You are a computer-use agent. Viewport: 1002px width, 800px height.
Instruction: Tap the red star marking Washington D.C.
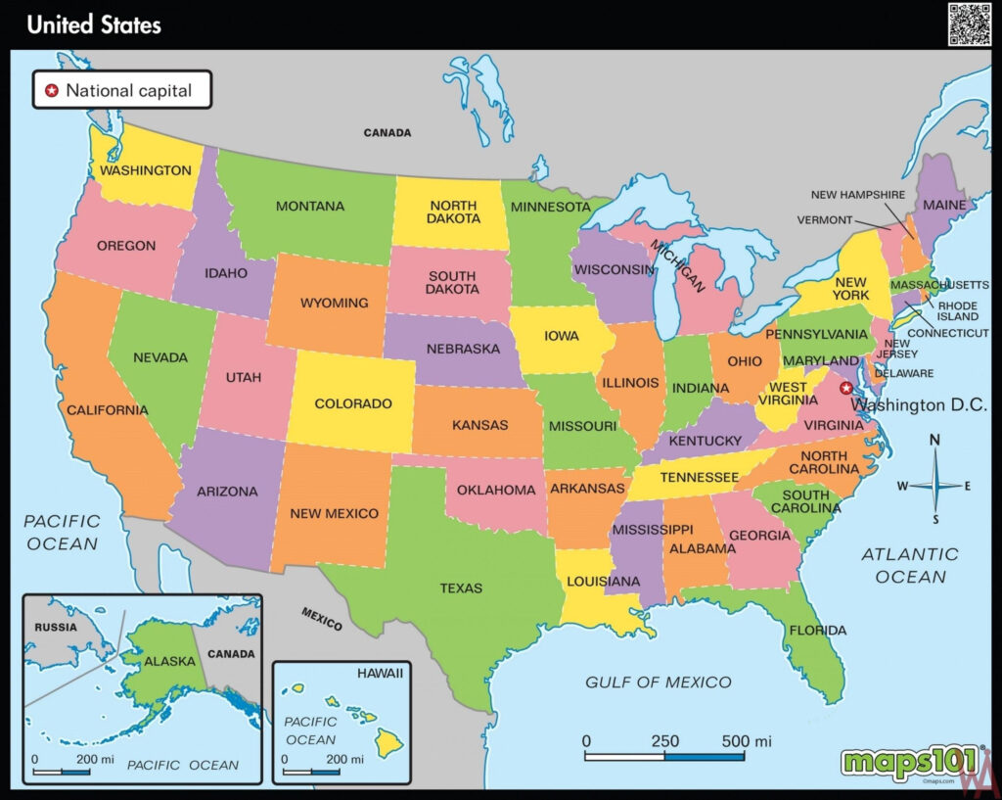tap(846, 388)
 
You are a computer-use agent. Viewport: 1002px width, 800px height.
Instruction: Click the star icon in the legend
tap(52, 91)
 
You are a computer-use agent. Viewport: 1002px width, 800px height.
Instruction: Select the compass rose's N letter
tap(934, 441)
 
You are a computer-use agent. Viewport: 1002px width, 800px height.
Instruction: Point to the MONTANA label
tap(309, 207)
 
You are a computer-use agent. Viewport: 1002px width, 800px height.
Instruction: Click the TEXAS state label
tap(461, 588)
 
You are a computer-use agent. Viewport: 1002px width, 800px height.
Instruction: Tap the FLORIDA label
tap(817, 630)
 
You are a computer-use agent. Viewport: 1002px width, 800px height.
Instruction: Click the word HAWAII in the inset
tap(378, 675)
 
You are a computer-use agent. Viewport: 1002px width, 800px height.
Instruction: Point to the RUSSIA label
tap(55, 626)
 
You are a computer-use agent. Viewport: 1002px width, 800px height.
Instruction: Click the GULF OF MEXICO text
tap(658, 682)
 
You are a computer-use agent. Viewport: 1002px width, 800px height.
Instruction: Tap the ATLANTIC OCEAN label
tap(910, 565)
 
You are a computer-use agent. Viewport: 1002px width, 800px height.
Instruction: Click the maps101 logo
tap(909, 760)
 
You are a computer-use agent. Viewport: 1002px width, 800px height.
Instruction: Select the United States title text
tap(94, 24)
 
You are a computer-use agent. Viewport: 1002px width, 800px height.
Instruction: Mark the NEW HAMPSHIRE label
tap(857, 195)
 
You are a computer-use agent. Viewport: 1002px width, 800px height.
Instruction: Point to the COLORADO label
tap(352, 403)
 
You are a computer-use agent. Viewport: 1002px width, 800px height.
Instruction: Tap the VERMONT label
tap(824, 219)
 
